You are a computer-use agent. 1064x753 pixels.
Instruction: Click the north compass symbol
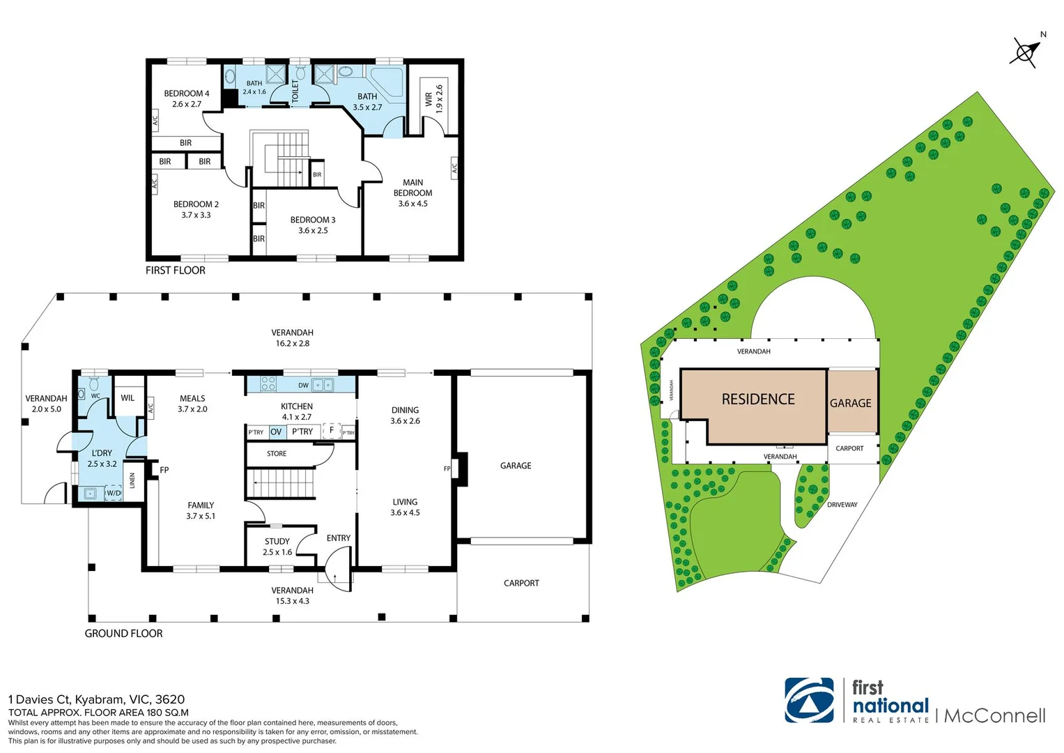click(x=1026, y=52)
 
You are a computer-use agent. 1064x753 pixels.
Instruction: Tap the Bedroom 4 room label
click(x=186, y=98)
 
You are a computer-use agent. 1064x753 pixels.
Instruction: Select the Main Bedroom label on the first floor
click(x=413, y=192)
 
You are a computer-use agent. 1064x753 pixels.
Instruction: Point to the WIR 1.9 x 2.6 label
click(x=433, y=99)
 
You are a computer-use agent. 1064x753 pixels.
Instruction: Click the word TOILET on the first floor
click(x=295, y=91)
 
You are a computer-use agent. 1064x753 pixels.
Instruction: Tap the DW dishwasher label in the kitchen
click(x=303, y=385)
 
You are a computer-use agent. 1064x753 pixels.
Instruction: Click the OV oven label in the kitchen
click(x=276, y=432)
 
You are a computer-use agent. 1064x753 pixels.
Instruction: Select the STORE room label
click(x=277, y=453)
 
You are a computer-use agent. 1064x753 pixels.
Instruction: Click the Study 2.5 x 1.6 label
click(x=277, y=547)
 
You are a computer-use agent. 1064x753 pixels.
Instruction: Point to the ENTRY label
click(x=339, y=538)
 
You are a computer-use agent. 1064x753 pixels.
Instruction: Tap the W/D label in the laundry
click(x=113, y=493)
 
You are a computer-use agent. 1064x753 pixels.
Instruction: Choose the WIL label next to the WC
click(x=128, y=397)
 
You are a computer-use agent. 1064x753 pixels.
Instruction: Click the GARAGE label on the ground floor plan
click(x=516, y=465)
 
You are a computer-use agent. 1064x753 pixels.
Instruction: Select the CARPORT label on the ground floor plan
click(x=521, y=583)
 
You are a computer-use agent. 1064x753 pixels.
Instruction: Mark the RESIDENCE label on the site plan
click(x=758, y=399)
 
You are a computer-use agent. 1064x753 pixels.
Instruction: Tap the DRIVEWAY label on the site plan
click(x=842, y=504)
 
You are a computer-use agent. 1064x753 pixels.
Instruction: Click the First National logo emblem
click(x=809, y=700)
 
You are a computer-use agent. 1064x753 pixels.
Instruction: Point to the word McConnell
click(x=994, y=715)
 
